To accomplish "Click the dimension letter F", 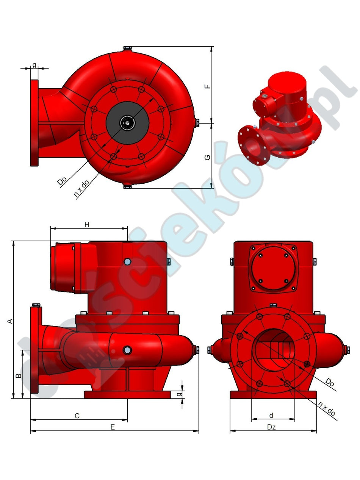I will click(207, 86).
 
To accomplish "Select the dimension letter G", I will click(207, 156).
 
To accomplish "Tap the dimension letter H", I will click(87, 225).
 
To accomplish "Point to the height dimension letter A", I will click(11, 321).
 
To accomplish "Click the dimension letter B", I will click(17, 375).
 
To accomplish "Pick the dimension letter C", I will click(77, 416).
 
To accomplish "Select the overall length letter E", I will click(113, 427).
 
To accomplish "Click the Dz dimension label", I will click(271, 427).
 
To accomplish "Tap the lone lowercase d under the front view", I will click(271, 416).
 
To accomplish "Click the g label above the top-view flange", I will click(34, 65).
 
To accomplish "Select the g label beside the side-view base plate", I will click(179, 394).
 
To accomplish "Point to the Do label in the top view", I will click(62, 181).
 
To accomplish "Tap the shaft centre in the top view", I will click(127, 122).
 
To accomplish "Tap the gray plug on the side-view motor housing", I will click(127, 261).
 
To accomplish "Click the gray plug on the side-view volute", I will click(127, 350).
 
